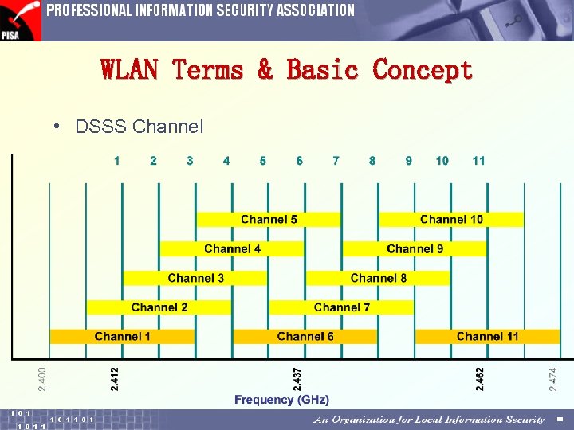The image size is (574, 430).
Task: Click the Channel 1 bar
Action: (122, 336)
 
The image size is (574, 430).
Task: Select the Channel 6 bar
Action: (305, 336)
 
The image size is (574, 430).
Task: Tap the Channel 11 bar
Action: (487, 336)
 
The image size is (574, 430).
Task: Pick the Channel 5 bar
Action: (269, 219)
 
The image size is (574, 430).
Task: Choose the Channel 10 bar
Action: (451, 219)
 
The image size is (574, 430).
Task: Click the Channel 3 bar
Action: (195, 278)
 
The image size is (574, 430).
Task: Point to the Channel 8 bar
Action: (378, 278)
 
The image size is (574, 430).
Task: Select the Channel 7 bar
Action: (341, 307)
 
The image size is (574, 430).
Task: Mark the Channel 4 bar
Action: (232, 248)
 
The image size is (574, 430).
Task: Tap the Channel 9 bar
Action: (415, 248)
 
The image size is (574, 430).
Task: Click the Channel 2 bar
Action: (159, 307)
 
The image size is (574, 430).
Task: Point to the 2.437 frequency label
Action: (297, 377)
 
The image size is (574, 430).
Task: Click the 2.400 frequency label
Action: (42, 377)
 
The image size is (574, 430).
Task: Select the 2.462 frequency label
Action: (480, 377)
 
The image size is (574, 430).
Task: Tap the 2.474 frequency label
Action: (553, 377)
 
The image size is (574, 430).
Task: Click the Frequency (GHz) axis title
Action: (281, 400)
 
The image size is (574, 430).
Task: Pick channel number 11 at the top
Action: (478, 161)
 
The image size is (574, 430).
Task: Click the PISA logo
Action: (20, 21)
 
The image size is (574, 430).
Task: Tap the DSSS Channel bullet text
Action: (139, 127)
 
